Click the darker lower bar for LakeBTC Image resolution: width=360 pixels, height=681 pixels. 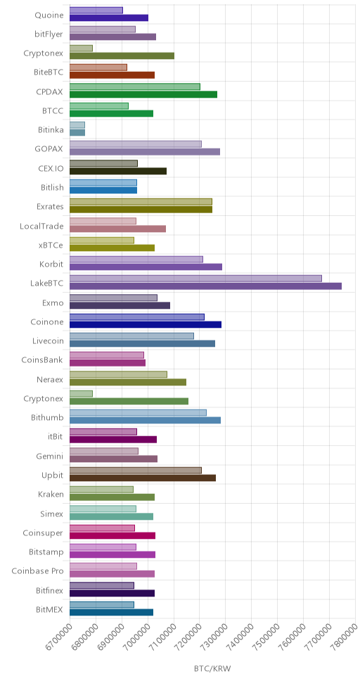(x=205, y=286)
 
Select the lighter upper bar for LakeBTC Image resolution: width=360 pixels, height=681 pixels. (x=195, y=279)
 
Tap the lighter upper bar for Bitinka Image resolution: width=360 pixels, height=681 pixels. (x=77, y=125)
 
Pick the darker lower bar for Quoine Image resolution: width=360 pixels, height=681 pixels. (x=109, y=18)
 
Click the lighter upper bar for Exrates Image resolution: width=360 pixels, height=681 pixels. (x=141, y=201)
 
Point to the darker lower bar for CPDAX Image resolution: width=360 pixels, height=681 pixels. (x=143, y=94)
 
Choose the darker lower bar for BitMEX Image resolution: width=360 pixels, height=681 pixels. (x=111, y=612)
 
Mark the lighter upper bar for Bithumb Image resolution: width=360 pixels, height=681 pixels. (x=138, y=412)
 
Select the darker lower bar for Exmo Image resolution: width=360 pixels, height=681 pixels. (x=120, y=305)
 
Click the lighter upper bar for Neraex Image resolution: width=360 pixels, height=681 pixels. (x=118, y=374)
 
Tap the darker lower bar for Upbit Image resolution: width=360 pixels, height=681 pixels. (x=143, y=478)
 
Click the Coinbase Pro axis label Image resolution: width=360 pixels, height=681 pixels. (x=37, y=571)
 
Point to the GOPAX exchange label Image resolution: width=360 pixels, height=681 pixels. (x=49, y=149)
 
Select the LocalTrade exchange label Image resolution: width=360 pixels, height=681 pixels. (x=41, y=226)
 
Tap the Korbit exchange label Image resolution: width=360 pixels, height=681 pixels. (x=51, y=264)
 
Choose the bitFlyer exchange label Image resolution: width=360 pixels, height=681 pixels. (x=49, y=34)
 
